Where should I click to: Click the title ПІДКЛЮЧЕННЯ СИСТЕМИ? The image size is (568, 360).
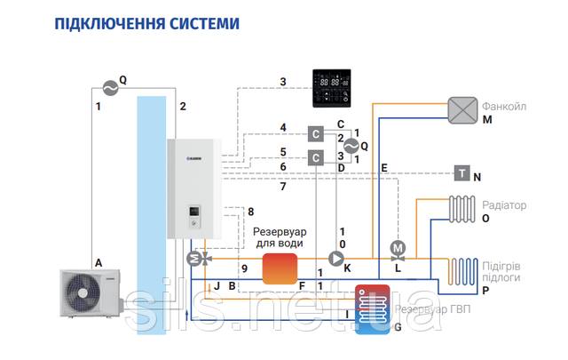[x=147, y=21]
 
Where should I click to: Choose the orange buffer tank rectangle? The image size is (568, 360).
[x=280, y=268]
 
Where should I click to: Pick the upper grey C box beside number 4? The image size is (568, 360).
[x=315, y=134]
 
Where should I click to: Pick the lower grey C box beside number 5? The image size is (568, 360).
[x=315, y=158]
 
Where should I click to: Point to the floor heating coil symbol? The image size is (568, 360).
[x=462, y=268]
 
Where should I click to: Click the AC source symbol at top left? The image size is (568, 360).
[x=108, y=87]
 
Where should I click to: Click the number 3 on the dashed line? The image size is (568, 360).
[x=282, y=83]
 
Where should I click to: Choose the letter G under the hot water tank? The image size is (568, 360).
[x=396, y=328]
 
